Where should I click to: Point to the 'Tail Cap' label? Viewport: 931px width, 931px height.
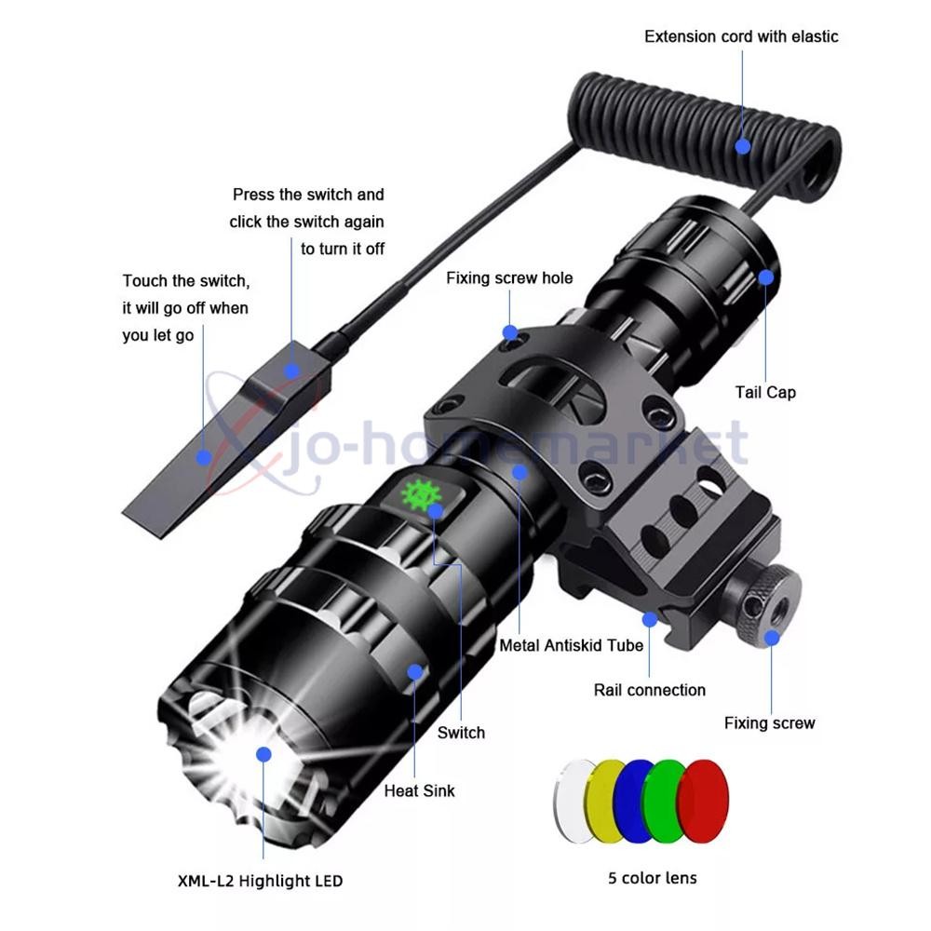[765, 392]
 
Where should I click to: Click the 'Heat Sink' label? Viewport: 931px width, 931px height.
[420, 790]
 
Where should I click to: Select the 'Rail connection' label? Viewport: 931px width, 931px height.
[650, 690]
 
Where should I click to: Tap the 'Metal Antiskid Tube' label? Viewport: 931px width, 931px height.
[572, 644]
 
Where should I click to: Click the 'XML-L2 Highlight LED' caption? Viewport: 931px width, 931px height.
[260, 880]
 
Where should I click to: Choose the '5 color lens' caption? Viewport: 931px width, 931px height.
[652, 877]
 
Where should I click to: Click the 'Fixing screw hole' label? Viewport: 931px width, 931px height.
[509, 277]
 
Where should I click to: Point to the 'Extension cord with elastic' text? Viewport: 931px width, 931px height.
[741, 36]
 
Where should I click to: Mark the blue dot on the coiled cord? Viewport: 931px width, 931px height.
[742, 145]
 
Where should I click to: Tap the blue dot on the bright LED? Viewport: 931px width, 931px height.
[263, 753]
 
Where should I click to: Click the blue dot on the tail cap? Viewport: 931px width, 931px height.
[765, 277]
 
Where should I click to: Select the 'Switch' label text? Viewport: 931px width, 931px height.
[461, 733]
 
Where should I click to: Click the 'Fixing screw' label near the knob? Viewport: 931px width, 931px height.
[770, 722]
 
